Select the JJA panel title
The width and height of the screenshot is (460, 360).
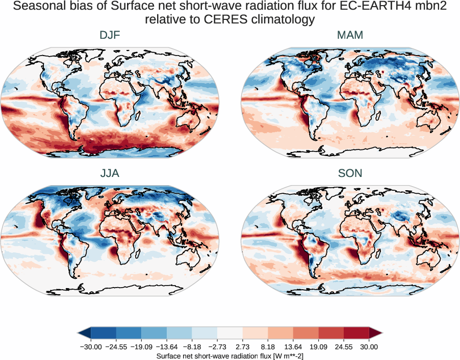point(110,173)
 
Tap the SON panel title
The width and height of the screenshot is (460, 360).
point(350,173)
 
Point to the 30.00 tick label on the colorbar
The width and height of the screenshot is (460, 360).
point(369,347)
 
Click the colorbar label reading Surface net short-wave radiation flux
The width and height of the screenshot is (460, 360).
point(229,355)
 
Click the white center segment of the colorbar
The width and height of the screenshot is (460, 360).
point(230,333)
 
